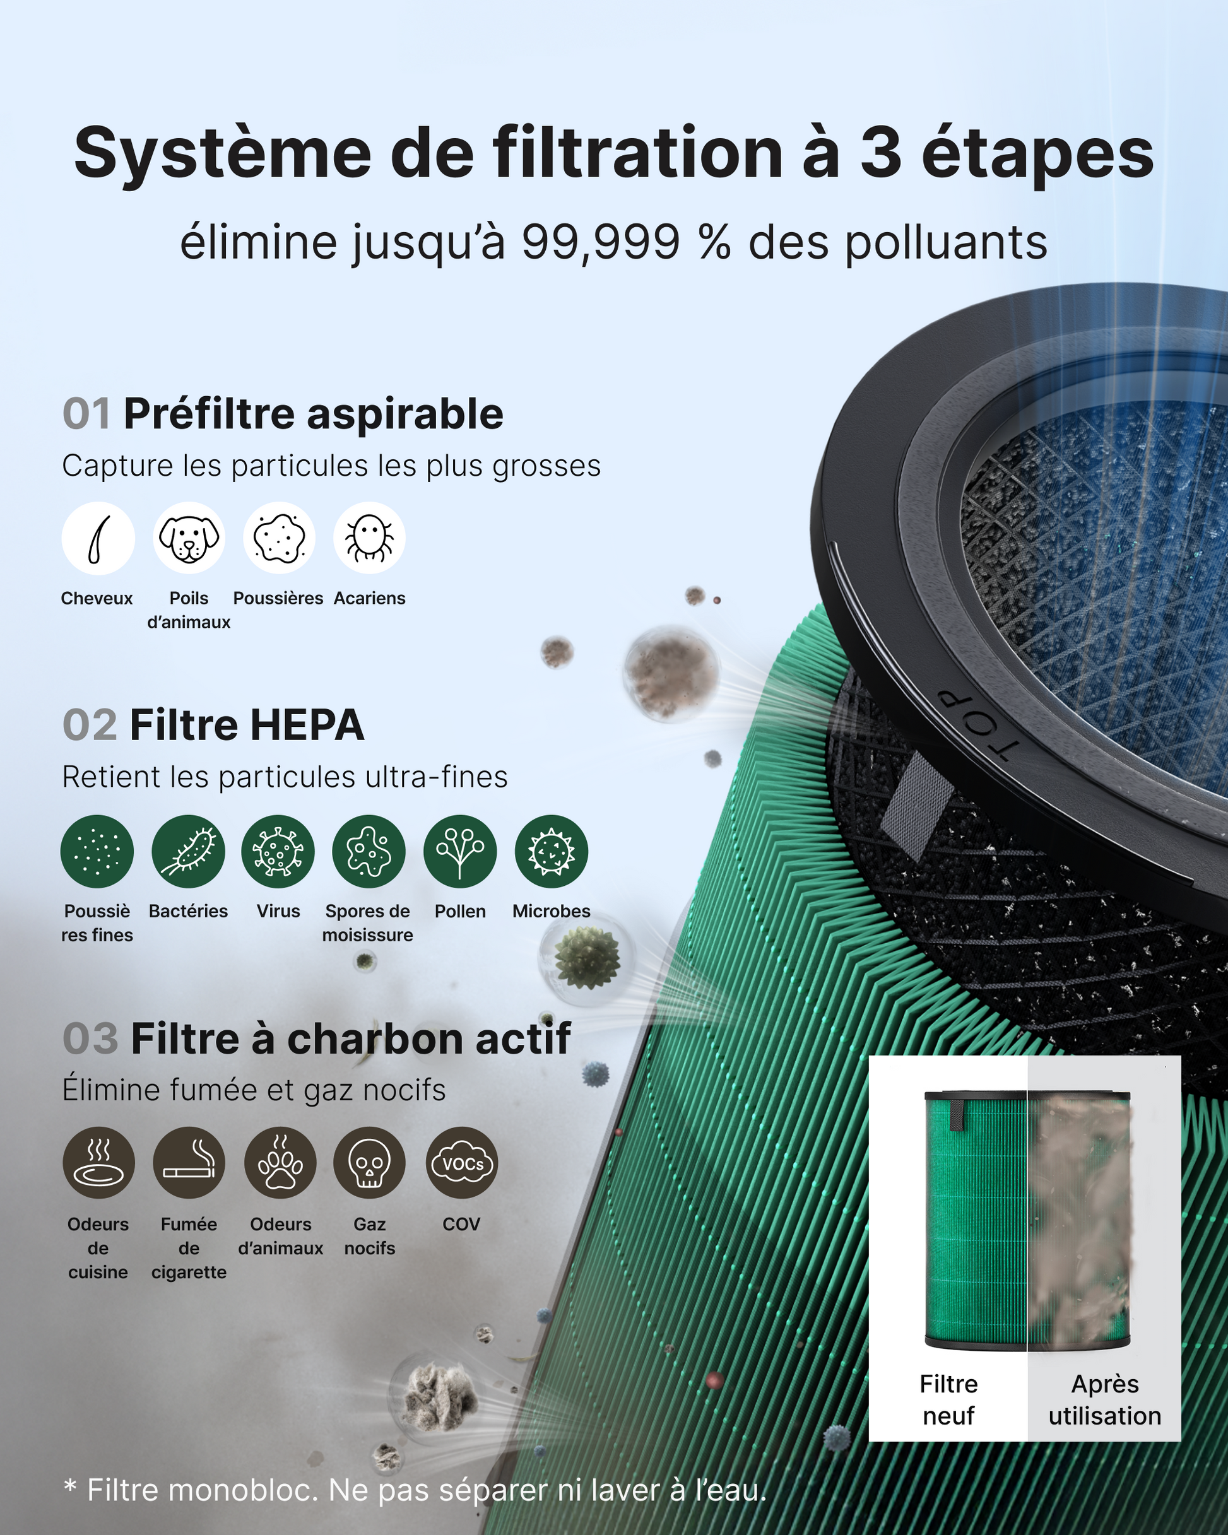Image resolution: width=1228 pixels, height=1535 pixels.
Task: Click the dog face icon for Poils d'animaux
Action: coord(189,538)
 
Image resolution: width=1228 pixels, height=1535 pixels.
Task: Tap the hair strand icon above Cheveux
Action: coord(98,538)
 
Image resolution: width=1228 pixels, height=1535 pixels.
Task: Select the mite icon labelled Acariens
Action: coord(370,538)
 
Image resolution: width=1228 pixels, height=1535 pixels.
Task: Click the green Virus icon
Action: coord(278,852)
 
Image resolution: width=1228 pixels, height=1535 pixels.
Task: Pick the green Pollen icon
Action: coord(460,852)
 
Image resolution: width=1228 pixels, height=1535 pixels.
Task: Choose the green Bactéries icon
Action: coord(188,852)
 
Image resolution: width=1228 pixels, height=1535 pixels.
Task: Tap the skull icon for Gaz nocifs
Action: coord(370,1163)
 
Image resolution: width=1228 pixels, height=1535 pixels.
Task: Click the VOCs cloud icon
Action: coord(461,1163)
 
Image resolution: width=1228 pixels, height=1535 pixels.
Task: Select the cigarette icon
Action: coord(189,1163)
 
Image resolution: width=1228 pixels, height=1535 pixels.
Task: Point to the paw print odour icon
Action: coord(281,1163)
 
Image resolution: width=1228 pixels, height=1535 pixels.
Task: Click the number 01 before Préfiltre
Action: coord(87,414)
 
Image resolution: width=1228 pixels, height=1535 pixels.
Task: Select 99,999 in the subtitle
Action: coord(601,243)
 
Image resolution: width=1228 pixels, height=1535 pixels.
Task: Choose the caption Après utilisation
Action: coord(1105,1400)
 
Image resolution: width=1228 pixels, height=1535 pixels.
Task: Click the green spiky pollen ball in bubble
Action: coord(586,958)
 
